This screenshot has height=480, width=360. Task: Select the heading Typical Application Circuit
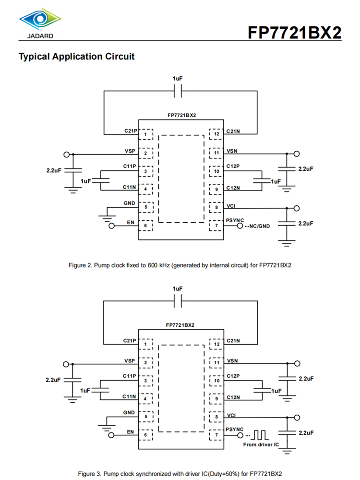tap(76, 56)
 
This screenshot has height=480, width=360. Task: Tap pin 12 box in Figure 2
tap(217, 134)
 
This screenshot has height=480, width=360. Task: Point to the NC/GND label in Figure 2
tap(259, 226)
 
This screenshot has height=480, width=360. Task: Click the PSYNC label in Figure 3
tap(234, 429)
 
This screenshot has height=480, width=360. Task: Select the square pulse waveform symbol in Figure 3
tap(261, 435)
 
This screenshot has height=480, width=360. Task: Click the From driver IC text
tap(261, 445)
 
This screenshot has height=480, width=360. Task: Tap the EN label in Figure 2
tap(130, 222)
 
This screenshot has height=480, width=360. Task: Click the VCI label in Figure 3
tap(231, 415)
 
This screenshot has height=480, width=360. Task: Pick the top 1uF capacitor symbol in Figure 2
tap(178, 90)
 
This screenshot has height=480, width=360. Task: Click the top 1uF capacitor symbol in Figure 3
tap(178, 300)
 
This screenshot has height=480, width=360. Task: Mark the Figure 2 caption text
tap(180, 265)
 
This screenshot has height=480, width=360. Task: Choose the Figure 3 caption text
tap(180, 474)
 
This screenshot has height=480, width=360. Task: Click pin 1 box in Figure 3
tap(145, 344)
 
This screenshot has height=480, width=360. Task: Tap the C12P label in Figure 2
tap(233, 167)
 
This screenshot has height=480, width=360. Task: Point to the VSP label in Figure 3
tap(130, 360)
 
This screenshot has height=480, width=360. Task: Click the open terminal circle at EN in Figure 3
tap(111, 435)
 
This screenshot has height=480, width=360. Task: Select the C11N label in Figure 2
tap(129, 187)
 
